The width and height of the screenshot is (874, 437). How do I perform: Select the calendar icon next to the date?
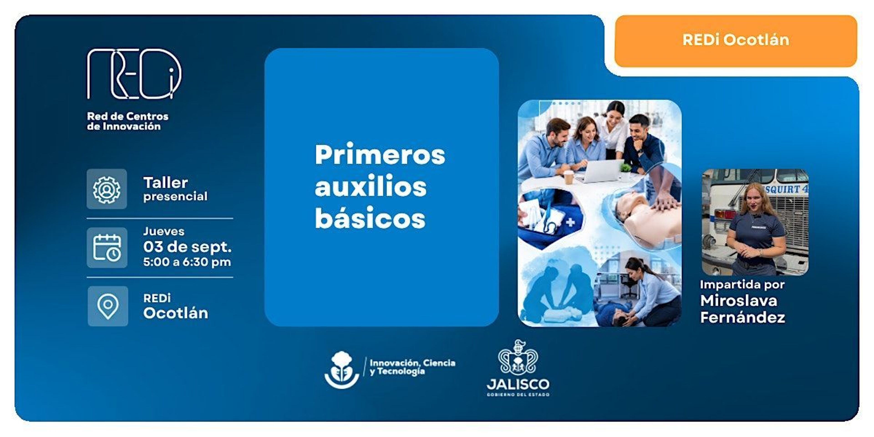pos(107,248)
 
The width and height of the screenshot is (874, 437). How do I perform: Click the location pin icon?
pos(108,306)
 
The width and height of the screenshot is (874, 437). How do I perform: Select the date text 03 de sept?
pos(187,247)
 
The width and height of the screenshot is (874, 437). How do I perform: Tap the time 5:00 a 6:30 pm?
pos(187,262)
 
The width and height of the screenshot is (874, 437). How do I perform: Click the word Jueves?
pos(164,231)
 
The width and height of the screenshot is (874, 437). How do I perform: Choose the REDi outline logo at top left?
pos(134,74)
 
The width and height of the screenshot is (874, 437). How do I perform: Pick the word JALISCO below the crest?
pos(518,384)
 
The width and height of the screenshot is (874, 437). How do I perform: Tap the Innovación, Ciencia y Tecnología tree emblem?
pos(342,370)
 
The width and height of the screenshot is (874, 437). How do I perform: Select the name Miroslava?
pos(739,301)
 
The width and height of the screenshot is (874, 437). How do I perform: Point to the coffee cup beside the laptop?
pos(568,177)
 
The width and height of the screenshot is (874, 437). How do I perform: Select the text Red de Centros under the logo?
pos(127,116)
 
